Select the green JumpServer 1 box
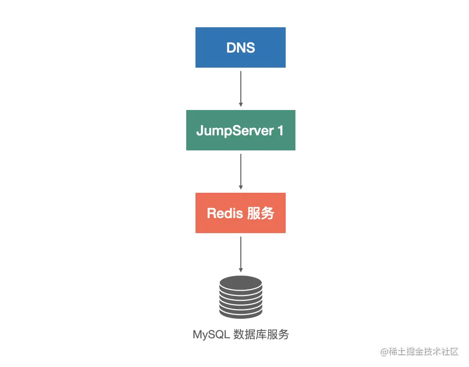click(240, 130)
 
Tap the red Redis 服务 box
click(240, 213)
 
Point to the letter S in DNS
click(251, 48)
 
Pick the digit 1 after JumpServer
click(280, 130)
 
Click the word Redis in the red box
click(224, 213)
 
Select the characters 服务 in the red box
click(261, 213)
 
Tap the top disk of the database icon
click(240, 282)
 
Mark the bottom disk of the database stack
click(240, 312)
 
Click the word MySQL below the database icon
click(211, 335)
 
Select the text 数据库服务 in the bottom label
click(261, 335)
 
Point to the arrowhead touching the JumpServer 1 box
click(240, 104)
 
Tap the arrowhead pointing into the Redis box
click(240, 187)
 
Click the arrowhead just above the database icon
click(240, 270)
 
